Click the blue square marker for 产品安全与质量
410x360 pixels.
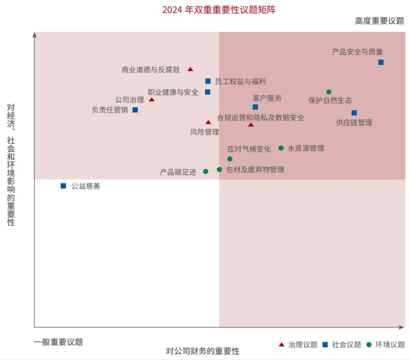(381, 62)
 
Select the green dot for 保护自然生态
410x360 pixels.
(329, 92)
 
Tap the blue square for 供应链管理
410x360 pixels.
(354, 113)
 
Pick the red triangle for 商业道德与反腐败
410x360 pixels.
(190, 69)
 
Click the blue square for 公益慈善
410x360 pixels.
(64, 186)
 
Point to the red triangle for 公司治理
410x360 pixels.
(152, 99)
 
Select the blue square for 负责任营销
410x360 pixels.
(135, 110)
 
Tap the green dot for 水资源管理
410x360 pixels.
(281, 148)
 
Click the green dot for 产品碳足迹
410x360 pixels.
(206, 171)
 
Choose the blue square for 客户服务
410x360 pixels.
(255, 107)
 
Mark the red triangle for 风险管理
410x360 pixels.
(208, 122)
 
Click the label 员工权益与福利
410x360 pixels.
(240, 81)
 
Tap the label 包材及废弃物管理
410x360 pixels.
(255, 169)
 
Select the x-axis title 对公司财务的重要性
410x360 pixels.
(202, 351)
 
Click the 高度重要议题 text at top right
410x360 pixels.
(379, 21)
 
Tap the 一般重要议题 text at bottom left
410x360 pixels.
(58, 342)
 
